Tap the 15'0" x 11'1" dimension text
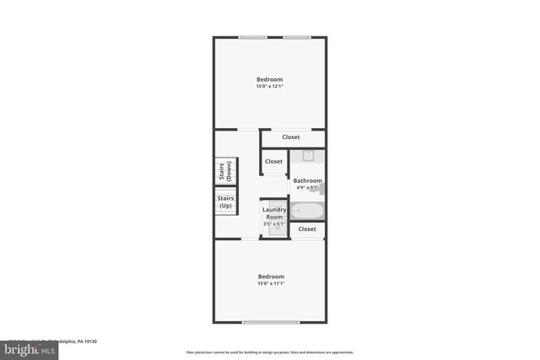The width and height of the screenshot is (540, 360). (270, 283)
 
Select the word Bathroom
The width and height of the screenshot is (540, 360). (307, 180)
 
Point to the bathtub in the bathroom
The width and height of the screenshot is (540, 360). (305, 210)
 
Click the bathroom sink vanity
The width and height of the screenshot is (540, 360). (308, 155)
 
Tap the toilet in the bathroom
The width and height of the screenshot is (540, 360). (321, 188)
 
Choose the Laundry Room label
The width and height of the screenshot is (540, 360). (274, 213)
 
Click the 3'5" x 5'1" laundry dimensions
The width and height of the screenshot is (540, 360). (274, 224)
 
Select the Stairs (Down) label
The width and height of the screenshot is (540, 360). (225, 170)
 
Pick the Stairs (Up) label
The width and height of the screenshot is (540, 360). (225, 202)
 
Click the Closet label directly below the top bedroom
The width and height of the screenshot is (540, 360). (290, 137)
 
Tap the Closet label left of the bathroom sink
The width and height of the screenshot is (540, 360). (273, 162)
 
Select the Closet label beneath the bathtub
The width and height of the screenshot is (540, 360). (307, 229)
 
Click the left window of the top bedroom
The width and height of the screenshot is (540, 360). (252, 37)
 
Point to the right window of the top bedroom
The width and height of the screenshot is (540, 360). (296, 37)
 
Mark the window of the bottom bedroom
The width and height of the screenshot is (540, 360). (270, 322)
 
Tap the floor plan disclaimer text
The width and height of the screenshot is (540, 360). (269, 352)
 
